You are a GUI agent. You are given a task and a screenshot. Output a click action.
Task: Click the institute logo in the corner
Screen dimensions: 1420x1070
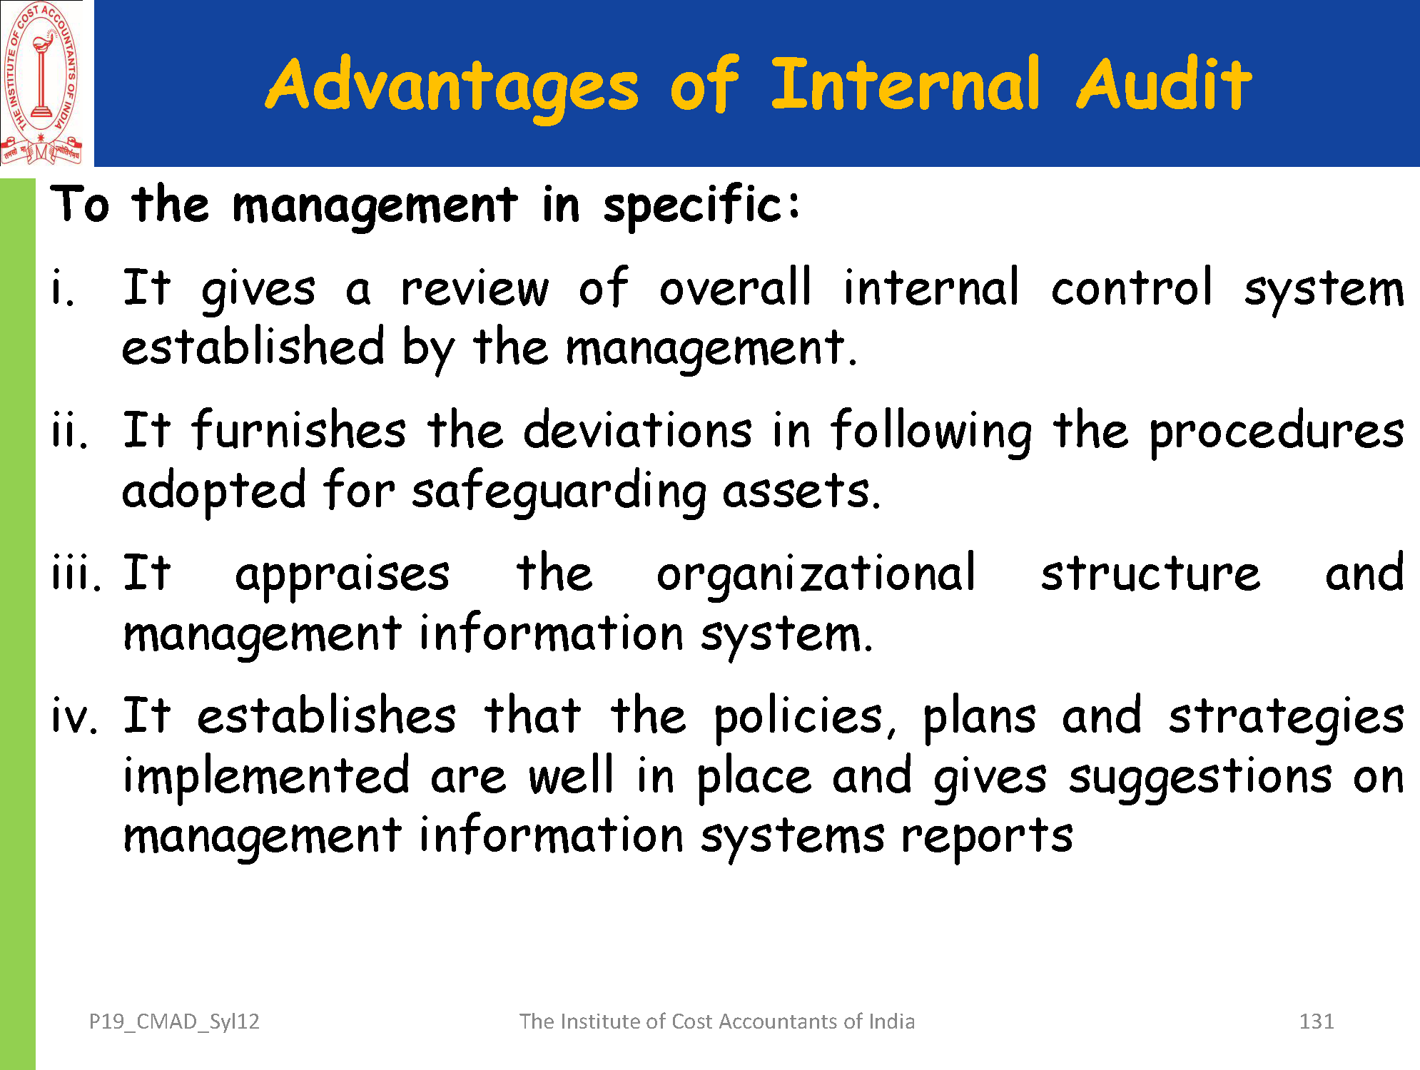click(x=41, y=83)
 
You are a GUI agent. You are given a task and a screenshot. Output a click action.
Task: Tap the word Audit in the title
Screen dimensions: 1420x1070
click(x=1164, y=83)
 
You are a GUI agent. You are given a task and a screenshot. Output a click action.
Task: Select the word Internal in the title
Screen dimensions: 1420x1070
click(x=906, y=83)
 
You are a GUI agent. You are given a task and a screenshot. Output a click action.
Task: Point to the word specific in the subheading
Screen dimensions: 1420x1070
click(x=702, y=206)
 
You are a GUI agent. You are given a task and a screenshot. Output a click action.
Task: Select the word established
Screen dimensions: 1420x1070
click(x=253, y=347)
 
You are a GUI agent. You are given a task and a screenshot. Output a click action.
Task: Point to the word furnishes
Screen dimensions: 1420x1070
click(x=299, y=431)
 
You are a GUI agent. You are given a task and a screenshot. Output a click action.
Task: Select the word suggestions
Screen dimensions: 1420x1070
click(x=1200, y=778)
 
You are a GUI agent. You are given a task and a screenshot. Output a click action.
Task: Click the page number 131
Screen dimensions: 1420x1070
click(x=1317, y=1021)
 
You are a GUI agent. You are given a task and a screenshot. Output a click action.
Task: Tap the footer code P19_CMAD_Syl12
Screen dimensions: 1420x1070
click(x=174, y=1022)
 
